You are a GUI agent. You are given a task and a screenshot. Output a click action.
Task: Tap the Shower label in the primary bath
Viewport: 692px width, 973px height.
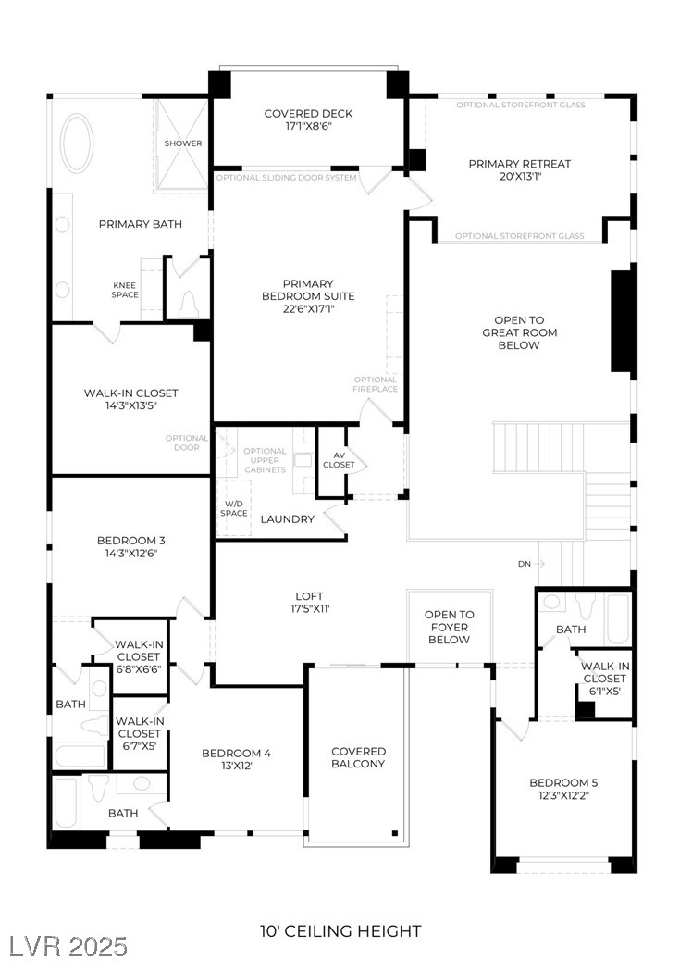click(x=183, y=143)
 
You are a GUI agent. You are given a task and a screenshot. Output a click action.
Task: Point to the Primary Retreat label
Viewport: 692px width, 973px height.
click(x=519, y=164)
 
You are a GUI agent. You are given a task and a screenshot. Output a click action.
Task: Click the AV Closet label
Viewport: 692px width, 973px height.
click(x=339, y=458)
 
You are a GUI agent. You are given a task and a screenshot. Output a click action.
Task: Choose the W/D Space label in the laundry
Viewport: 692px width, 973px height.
click(x=233, y=507)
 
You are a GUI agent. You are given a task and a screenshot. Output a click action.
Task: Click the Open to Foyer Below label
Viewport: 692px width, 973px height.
click(x=450, y=627)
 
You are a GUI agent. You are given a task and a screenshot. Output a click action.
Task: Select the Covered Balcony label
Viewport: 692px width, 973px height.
click(x=359, y=757)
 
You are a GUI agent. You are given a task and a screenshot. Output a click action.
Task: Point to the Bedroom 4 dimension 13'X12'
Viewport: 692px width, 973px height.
click(x=237, y=767)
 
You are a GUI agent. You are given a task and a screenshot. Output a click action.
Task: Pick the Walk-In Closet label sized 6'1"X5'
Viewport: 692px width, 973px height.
click(x=605, y=678)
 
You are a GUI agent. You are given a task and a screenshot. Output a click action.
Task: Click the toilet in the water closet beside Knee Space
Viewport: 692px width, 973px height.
click(x=189, y=302)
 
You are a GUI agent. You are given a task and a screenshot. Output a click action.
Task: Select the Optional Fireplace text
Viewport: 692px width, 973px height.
click(x=376, y=384)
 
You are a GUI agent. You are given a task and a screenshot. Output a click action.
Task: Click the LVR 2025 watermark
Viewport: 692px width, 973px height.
click(x=68, y=945)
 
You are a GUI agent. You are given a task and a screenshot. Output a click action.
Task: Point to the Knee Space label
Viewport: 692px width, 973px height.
click(x=125, y=290)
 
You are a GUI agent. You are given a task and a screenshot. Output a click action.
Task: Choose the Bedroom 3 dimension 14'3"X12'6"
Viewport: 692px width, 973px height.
click(x=130, y=554)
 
